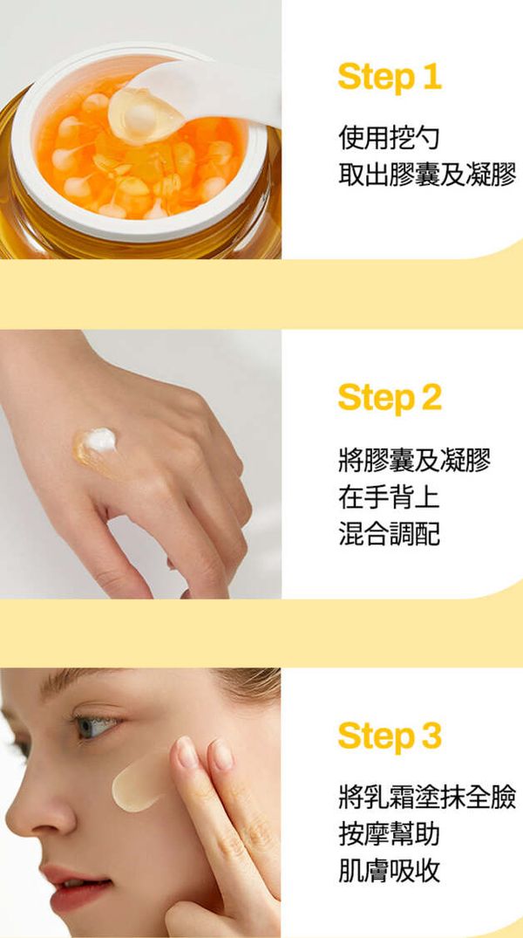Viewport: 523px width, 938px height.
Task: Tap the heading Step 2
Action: (x=390, y=398)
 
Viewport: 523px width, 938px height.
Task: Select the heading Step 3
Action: (x=390, y=736)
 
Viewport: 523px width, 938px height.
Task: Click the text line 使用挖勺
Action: (x=389, y=138)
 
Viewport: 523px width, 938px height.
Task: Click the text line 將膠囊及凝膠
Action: (x=414, y=461)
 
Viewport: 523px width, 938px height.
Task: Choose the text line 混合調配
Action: (x=389, y=533)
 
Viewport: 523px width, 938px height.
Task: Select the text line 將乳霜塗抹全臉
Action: (x=427, y=798)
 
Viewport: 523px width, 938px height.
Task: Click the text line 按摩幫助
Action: (x=389, y=834)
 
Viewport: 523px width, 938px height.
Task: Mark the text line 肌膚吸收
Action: (x=389, y=870)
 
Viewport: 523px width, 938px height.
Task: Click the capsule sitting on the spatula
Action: (x=146, y=114)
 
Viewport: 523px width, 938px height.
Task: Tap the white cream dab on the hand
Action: (x=99, y=441)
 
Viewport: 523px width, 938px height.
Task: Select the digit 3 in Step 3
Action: (x=431, y=737)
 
